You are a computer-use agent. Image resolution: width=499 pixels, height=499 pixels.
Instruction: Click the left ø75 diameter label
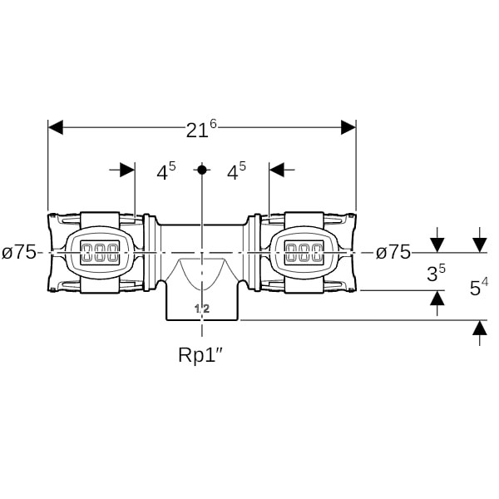click(19, 252)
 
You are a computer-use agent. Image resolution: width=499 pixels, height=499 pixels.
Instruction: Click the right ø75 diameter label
click(393, 252)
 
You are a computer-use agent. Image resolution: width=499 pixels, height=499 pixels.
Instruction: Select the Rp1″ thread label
click(201, 355)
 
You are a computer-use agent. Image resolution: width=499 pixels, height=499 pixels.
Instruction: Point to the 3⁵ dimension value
click(436, 273)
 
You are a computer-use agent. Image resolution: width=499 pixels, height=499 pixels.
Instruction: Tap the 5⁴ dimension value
click(478, 288)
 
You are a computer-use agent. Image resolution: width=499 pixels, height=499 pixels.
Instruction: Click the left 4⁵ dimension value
click(166, 172)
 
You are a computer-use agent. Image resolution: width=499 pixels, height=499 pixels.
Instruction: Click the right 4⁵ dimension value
click(237, 172)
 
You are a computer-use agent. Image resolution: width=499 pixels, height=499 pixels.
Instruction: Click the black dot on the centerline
click(201, 170)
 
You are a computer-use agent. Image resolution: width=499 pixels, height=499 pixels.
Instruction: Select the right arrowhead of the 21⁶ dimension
click(348, 127)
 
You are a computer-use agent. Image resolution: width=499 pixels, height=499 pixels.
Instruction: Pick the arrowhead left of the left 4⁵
click(126, 170)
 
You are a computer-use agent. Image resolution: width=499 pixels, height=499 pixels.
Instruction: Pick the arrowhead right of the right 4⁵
click(276, 170)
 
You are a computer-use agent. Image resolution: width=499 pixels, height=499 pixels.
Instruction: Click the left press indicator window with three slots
click(101, 251)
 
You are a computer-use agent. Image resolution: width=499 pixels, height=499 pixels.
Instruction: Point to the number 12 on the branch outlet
click(201, 309)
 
